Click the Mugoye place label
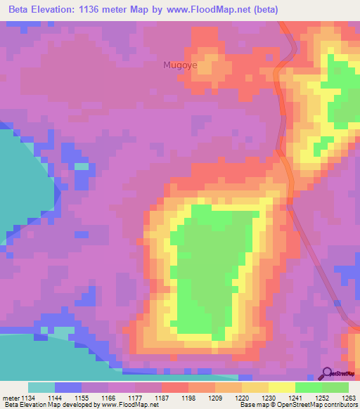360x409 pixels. tap(180, 65)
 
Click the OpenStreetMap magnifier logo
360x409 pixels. tap(327, 373)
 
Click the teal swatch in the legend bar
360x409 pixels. tap(41, 387)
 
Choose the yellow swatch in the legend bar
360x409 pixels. tap(282, 387)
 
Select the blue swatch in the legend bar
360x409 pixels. tap(68, 387)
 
